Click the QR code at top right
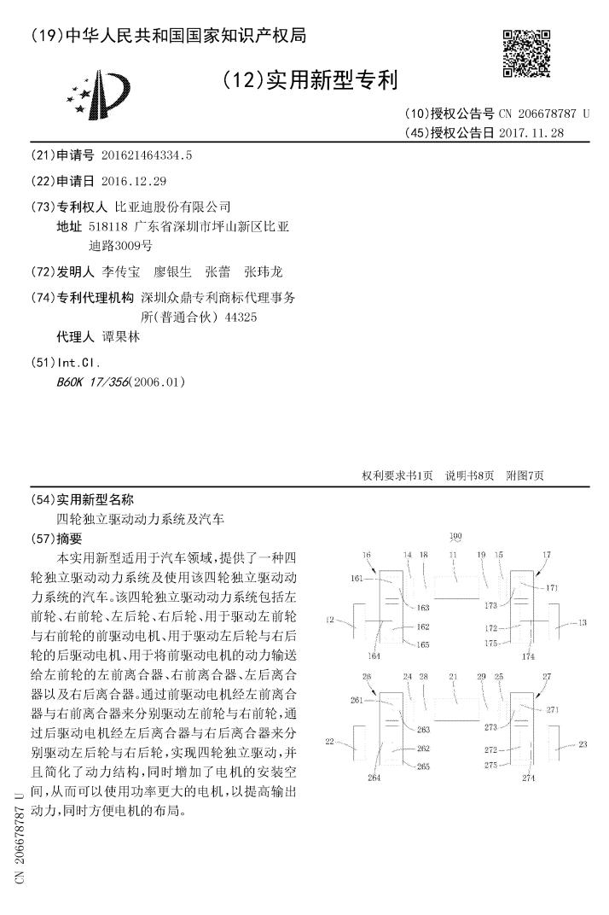pos(526,53)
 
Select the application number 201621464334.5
pos(147,156)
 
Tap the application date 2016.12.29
pos(133,182)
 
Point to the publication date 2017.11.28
pos(532,133)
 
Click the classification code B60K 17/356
pos(91,382)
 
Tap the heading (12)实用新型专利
pos(310,81)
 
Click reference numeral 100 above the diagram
pos(455,537)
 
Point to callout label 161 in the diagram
pos(356,579)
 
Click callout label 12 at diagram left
pos(328,622)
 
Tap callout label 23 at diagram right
pos(583,744)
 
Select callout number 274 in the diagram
pos(528,778)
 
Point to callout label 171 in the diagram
pos(552,589)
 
